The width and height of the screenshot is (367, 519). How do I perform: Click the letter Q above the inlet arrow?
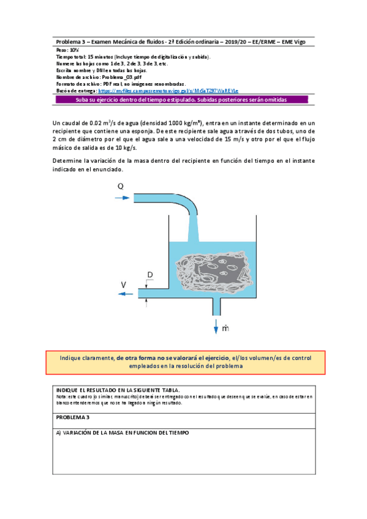point(121,186)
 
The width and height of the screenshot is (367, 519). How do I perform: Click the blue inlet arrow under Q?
point(123,198)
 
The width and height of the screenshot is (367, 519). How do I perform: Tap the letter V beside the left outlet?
point(123,285)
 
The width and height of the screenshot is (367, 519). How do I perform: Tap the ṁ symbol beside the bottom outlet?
point(225,329)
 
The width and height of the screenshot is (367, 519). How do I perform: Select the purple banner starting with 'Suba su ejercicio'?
point(183,99)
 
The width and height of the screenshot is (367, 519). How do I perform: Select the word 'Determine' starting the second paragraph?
point(69,160)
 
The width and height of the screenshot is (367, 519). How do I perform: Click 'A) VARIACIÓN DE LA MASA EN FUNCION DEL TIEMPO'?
point(123,433)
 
